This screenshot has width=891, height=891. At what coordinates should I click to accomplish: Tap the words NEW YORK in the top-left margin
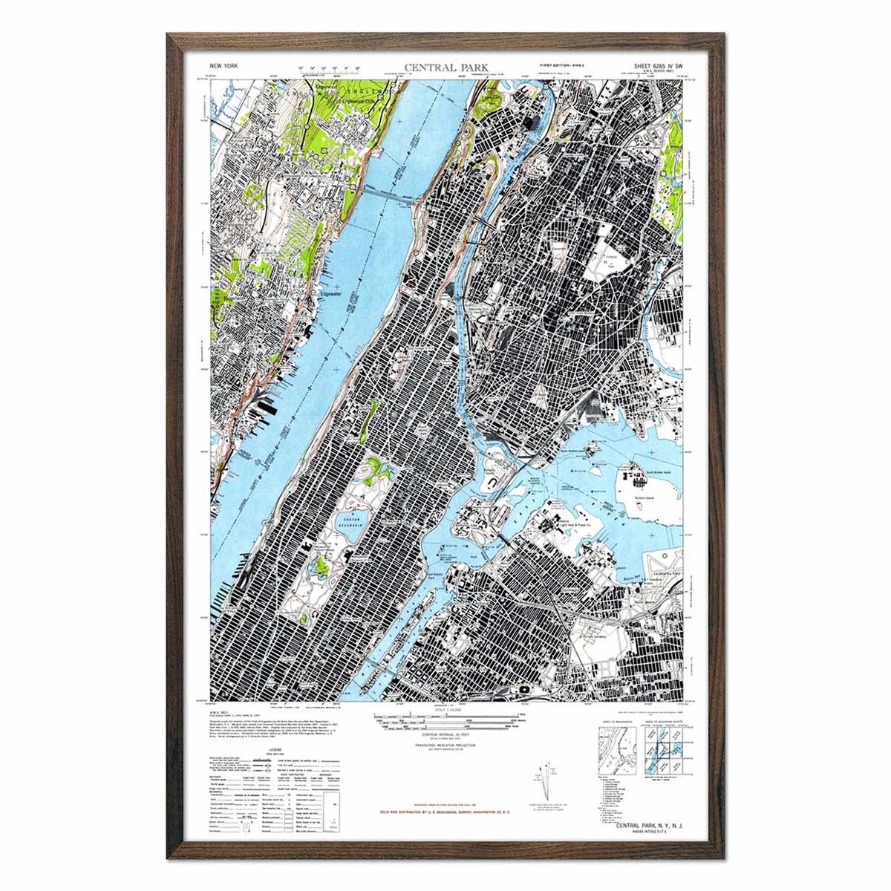tap(224, 66)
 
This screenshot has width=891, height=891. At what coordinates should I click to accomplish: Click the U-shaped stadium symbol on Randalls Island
tap(493, 482)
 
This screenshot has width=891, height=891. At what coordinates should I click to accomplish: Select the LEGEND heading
tap(265, 751)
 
